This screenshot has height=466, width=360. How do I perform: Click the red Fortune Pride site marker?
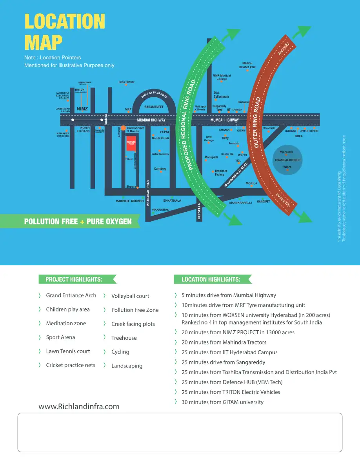click(x=131, y=143)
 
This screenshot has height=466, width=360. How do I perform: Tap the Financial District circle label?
click(x=287, y=160)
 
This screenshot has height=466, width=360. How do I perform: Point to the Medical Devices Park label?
click(x=247, y=65)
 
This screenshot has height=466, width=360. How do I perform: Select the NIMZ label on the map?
click(x=82, y=109)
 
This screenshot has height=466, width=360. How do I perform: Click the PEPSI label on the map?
click(x=164, y=132)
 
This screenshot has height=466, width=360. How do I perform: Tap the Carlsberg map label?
click(x=160, y=169)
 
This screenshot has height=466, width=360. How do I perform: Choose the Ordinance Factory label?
click(x=221, y=173)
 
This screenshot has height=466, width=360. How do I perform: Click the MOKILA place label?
click(x=251, y=183)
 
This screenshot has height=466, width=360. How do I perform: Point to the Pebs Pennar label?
click(x=126, y=82)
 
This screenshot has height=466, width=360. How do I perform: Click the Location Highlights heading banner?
click(x=211, y=279)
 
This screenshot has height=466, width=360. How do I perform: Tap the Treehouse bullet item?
click(x=124, y=338)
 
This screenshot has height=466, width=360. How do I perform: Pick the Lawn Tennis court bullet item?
click(x=68, y=351)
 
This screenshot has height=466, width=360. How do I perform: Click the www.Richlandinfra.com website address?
click(x=79, y=406)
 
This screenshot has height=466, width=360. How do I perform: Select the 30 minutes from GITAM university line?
click(x=222, y=402)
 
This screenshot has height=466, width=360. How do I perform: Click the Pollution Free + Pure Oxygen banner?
click(x=78, y=221)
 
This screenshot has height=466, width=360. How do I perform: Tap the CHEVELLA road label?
click(x=199, y=211)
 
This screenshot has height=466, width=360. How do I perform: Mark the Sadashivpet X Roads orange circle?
click(x=123, y=128)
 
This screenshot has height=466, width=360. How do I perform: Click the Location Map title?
click(x=65, y=32)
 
